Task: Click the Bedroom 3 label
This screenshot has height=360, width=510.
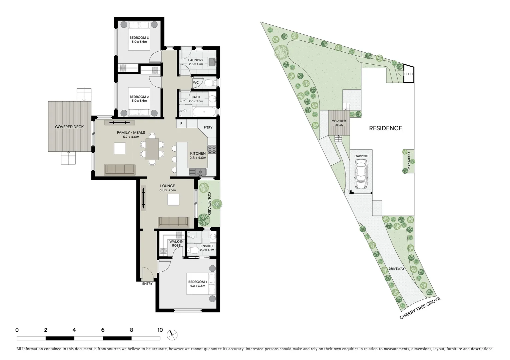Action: click(139, 40)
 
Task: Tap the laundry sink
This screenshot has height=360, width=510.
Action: click(211, 62)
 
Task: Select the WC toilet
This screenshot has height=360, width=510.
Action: click(209, 83)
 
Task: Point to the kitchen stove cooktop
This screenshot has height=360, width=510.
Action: click(212, 149)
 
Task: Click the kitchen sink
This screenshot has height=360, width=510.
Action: click(198, 172)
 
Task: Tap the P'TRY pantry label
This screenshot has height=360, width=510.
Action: click(208, 128)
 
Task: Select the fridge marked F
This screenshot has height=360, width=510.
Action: click(181, 124)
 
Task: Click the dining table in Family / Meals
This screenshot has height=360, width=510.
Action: click(152, 149)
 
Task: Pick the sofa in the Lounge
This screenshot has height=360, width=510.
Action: click(173, 222)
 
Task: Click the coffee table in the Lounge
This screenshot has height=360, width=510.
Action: click(173, 200)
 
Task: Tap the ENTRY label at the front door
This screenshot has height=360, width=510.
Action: click(147, 284)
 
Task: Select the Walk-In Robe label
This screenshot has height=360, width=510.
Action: click(176, 243)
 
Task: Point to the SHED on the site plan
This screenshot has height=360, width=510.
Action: click(408, 74)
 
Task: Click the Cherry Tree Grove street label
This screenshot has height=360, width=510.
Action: click(420, 308)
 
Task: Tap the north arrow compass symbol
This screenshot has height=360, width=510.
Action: click(173, 334)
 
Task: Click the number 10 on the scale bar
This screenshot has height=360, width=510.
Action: click(160, 330)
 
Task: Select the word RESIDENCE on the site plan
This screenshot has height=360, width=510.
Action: click(385, 128)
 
